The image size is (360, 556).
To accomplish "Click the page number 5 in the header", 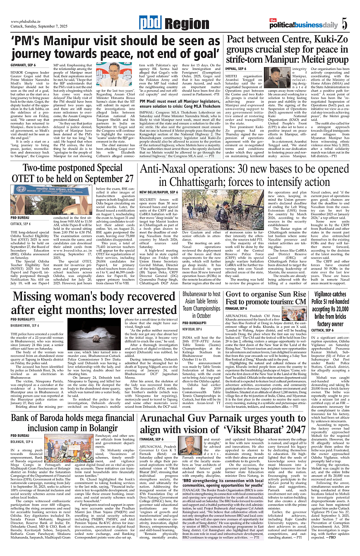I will pos(345,24).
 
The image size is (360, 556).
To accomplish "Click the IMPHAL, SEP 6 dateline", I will pos(236,68).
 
